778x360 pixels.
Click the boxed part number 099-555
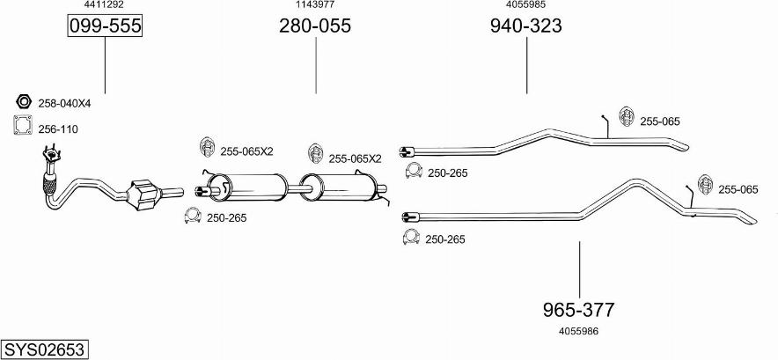(105, 26)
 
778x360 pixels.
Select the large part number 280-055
(315, 26)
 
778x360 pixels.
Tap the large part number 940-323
(526, 26)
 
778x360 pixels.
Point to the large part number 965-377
(578, 310)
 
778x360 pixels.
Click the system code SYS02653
(44, 349)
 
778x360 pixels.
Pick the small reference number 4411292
(104, 5)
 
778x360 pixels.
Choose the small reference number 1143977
(315, 5)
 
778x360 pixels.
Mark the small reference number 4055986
(578, 331)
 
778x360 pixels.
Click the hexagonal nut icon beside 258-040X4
(23, 101)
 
